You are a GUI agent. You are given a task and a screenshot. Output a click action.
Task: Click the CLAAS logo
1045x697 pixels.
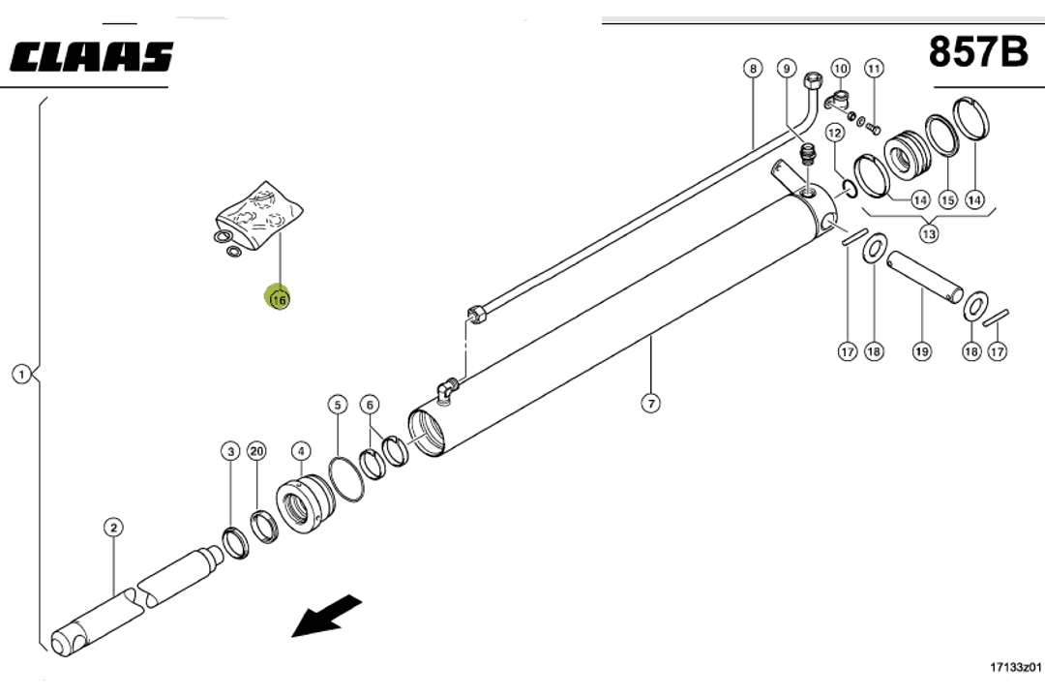(x=92, y=57)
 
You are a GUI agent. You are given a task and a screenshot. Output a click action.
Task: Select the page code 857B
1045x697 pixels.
(x=978, y=51)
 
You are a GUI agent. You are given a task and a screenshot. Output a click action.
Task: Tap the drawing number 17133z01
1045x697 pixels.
(x=1015, y=667)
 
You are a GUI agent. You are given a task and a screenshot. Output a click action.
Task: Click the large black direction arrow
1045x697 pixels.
(x=326, y=617)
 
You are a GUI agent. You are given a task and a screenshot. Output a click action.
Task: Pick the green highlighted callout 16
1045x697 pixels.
(x=279, y=299)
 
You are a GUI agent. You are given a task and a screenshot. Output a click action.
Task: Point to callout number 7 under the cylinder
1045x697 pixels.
(x=651, y=403)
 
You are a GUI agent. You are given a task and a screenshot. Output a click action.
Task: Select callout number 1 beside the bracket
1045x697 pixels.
(x=21, y=373)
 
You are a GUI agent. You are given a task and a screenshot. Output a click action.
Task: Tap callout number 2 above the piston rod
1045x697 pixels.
(x=114, y=528)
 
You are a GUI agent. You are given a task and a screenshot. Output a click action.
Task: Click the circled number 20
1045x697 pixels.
(x=256, y=451)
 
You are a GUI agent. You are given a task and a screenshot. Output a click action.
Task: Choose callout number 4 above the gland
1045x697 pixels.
(x=301, y=451)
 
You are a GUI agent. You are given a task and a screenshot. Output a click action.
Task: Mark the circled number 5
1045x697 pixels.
(x=337, y=404)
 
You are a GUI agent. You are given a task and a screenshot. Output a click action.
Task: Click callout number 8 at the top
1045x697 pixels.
(x=753, y=69)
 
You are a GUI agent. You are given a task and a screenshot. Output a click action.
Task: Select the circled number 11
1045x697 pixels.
(x=874, y=69)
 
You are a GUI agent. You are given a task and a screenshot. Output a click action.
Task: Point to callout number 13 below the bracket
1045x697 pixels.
(x=929, y=232)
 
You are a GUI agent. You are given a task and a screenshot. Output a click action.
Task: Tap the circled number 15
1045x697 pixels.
(x=947, y=200)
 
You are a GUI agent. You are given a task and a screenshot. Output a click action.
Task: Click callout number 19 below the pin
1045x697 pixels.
(x=921, y=351)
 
